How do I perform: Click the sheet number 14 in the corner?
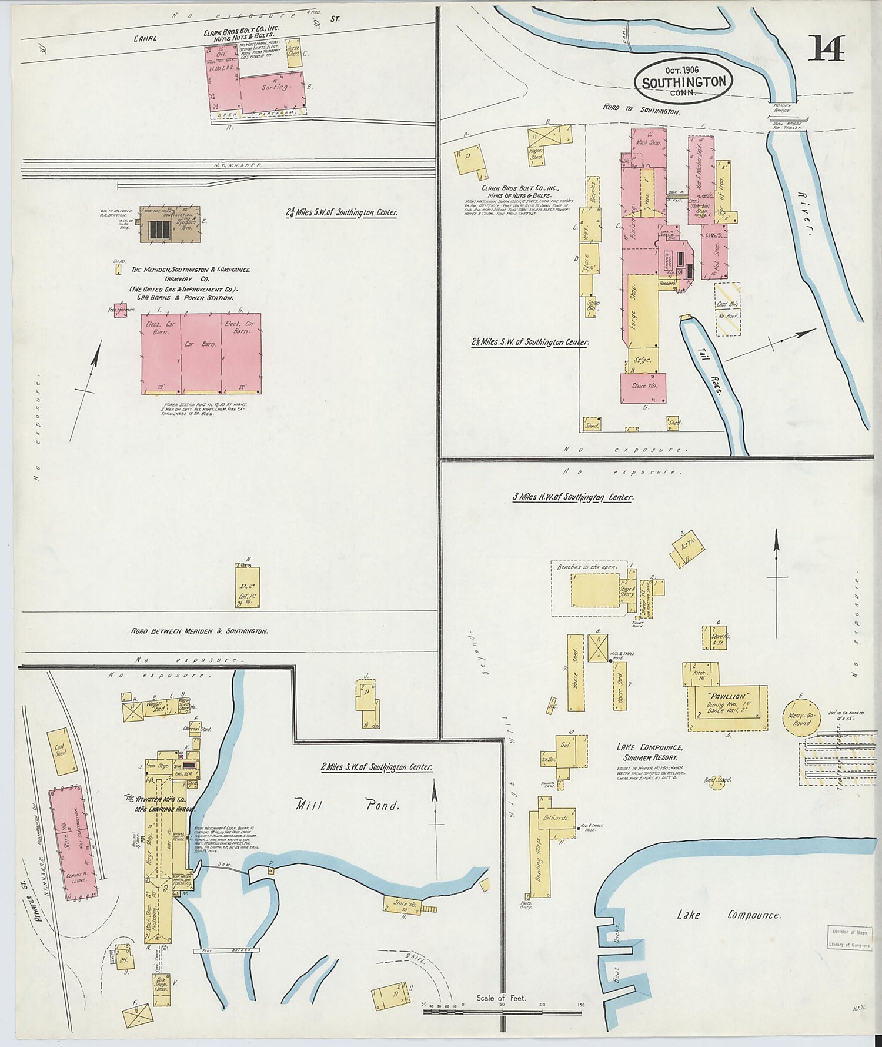pos(826,48)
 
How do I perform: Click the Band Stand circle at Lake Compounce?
pos(717,781)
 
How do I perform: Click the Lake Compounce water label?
pos(729,915)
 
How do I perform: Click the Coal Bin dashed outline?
pos(727,309)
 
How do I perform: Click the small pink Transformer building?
pos(120,310)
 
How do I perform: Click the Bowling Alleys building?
pos(540,859)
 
